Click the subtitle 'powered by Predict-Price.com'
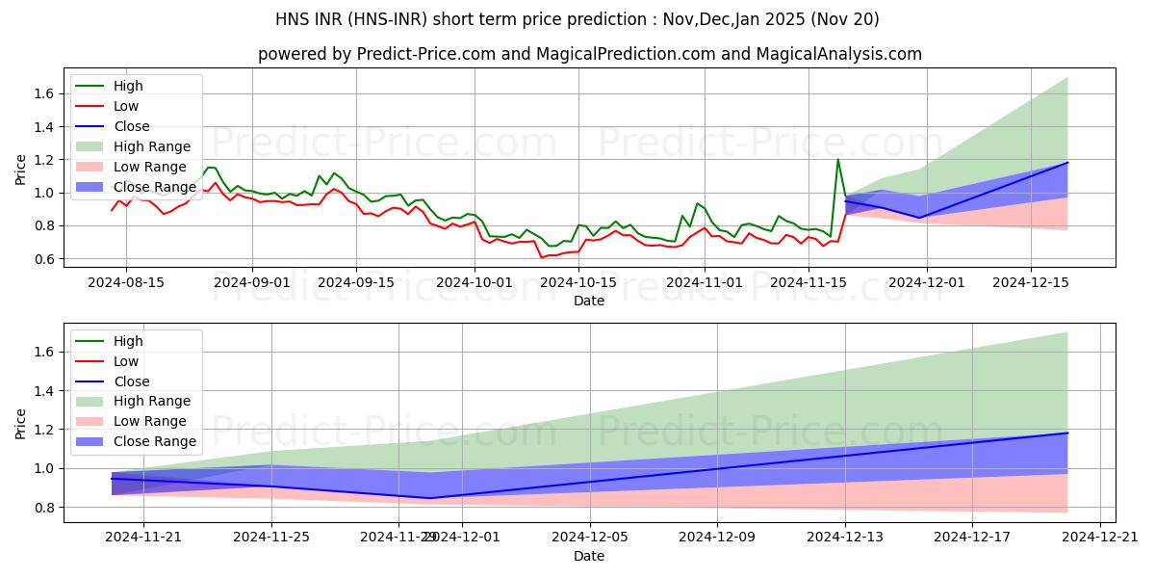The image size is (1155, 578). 589,55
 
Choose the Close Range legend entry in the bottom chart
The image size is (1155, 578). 154,441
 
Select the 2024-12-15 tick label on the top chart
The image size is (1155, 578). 1031,283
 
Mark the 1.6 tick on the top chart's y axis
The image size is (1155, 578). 40,93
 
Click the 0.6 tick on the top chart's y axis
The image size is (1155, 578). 40,259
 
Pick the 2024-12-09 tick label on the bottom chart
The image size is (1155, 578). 717,539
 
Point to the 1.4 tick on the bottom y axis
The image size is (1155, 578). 40,391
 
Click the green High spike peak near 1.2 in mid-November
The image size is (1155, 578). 837,159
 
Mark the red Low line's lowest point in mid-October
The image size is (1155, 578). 542,257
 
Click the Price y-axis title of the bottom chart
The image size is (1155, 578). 21,424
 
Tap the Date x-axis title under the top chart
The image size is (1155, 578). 589,301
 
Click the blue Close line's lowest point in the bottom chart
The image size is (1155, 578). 430,498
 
